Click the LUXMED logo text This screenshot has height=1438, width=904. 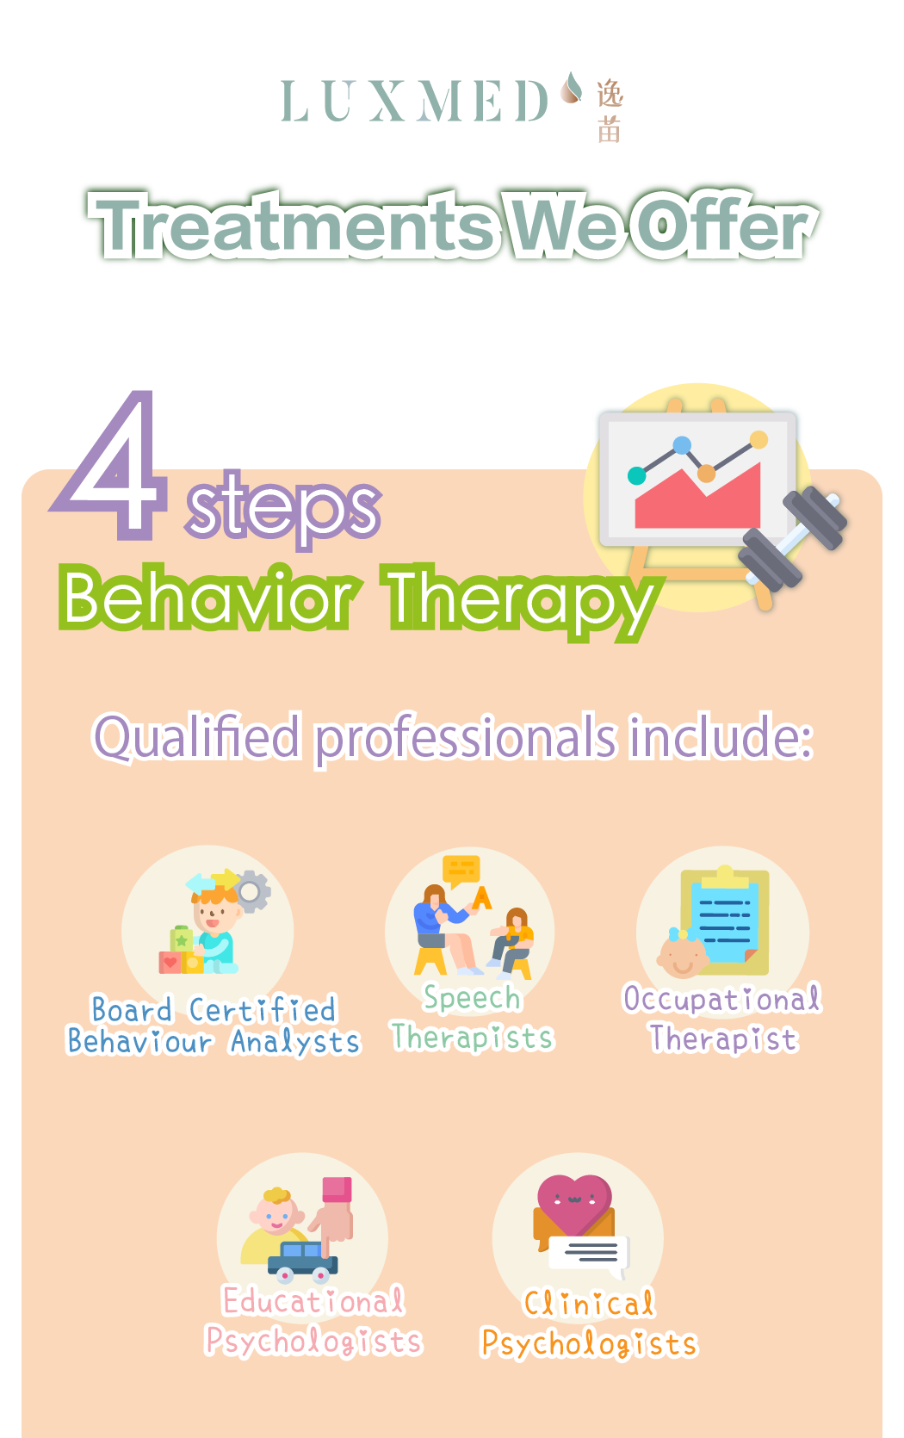414,101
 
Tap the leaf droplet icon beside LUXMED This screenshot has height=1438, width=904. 571,88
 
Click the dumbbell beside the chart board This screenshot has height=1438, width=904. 791,539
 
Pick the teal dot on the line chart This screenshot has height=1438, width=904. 636,475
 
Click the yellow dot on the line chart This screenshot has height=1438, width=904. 758,440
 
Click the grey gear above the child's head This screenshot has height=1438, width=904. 251,891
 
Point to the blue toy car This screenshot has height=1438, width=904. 302,1261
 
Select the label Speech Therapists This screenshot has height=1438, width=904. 473,1018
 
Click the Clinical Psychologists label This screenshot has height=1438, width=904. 590,1323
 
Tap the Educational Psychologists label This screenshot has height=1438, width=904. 313,1321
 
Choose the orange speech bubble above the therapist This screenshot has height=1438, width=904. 461,871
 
